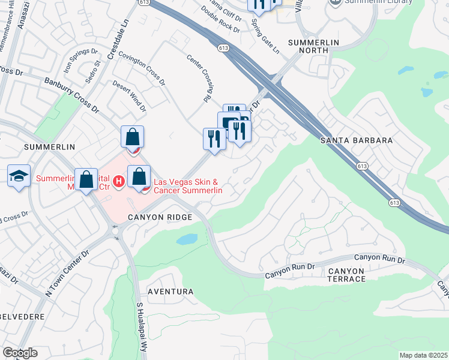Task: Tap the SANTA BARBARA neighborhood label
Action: (357, 140)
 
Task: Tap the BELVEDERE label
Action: (15, 314)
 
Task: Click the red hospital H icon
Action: (119, 181)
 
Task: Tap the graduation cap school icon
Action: (19, 176)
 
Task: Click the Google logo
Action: (20, 353)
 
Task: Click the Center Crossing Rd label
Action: (200, 78)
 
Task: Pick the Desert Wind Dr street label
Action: (130, 96)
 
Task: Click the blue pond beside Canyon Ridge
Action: (186, 239)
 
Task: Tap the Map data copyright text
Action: (423, 355)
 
